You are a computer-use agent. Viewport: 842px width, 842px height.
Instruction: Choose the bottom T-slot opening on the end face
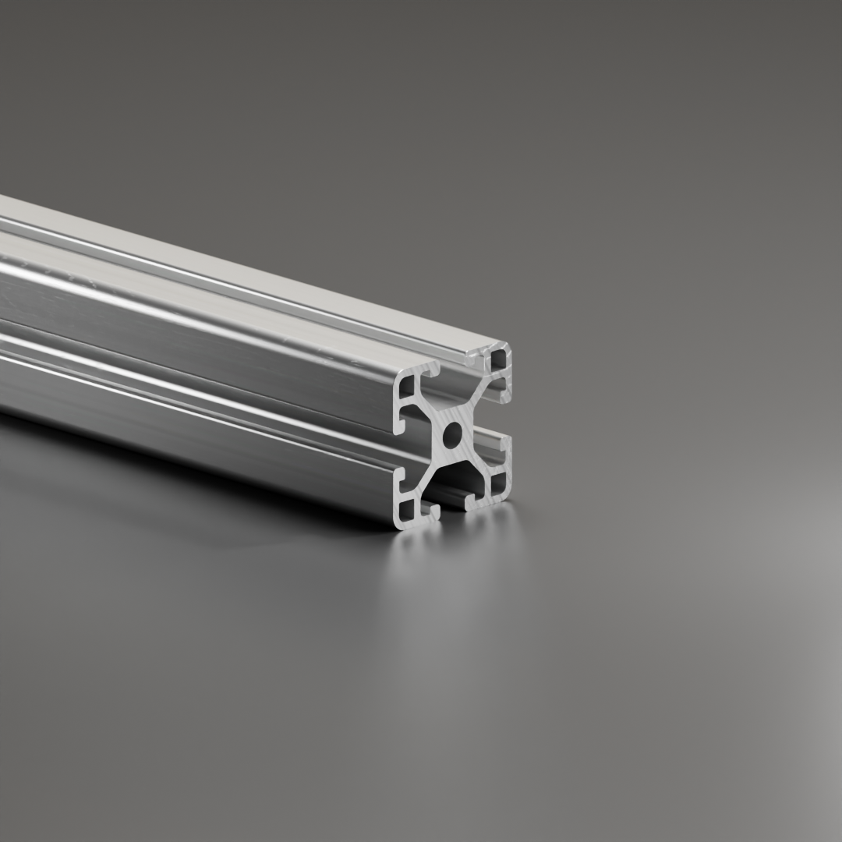[452, 505]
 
